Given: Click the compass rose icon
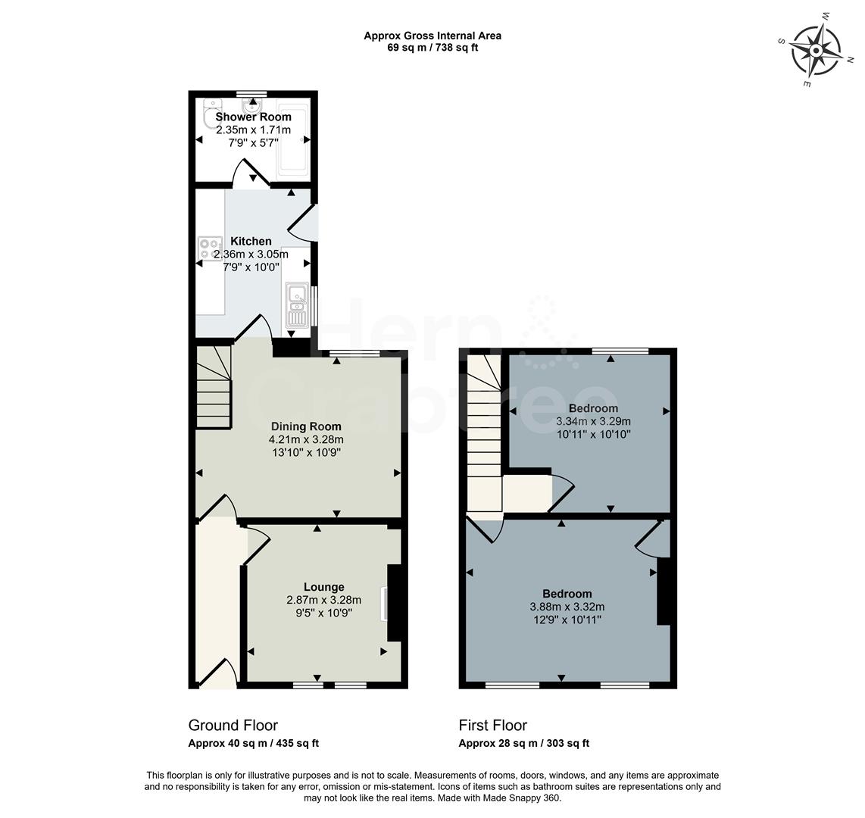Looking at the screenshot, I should click(x=816, y=50).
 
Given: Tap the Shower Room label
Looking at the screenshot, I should click(x=253, y=117).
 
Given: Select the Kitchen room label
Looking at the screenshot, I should click(x=251, y=242).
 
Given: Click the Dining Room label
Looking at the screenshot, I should click(x=305, y=426).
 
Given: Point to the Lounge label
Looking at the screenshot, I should click(x=323, y=587).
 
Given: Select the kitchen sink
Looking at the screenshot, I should click(x=297, y=304).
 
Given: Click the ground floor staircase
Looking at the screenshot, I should click(x=213, y=387).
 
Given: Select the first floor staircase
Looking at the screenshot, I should click(x=482, y=432).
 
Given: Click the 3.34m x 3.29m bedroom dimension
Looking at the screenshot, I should click(x=593, y=422).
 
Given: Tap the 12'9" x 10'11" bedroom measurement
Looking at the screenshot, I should click(x=567, y=620).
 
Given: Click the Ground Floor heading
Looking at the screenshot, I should click(x=233, y=726).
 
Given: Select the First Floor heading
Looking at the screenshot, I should click(x=492, y=726).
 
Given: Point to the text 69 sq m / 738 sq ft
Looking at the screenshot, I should click(x=432, y=48).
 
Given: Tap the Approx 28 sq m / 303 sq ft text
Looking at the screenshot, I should click(x=523, y=744).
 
